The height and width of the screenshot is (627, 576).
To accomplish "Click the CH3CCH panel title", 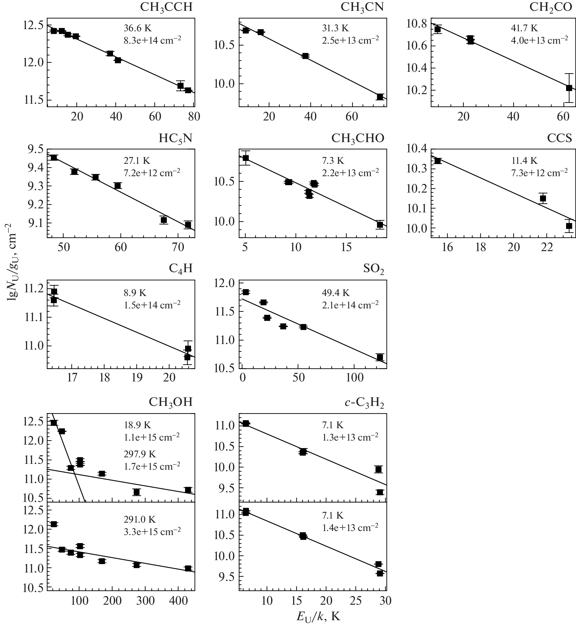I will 166,7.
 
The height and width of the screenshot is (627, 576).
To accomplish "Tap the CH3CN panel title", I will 362,7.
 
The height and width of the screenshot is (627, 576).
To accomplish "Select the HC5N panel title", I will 175,138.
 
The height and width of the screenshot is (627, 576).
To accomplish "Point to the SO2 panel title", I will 373,269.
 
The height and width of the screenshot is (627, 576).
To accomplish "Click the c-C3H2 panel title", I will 364,403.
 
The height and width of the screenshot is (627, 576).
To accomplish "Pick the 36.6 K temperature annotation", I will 137,28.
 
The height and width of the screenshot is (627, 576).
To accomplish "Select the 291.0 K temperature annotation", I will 140,520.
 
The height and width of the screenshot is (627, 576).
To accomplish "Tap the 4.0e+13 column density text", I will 539,40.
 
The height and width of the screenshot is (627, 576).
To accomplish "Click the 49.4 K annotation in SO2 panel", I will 336,293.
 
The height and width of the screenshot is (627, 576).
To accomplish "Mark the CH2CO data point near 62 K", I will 569,88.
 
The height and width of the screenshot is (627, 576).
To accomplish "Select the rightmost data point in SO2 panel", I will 380,357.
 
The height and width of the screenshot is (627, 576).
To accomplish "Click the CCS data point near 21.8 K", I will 543,198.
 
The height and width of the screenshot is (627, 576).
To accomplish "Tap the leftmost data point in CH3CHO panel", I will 246,158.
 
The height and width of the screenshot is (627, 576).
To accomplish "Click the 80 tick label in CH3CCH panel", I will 194,116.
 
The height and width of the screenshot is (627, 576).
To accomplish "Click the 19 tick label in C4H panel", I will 137,378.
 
